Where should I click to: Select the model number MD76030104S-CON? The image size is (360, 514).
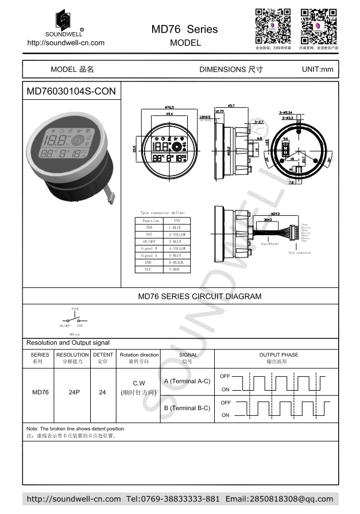[71, 91]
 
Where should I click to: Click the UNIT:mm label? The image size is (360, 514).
[317, 69]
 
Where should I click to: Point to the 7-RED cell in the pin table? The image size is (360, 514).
[174, 268]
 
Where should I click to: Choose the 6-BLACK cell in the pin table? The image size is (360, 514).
[174, 262]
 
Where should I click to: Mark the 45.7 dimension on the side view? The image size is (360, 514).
[231, 106]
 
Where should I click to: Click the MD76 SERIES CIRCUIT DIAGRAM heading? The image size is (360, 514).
[199, 297]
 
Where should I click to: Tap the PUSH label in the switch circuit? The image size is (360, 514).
[75, 309]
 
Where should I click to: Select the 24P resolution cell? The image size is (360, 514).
[72, 392]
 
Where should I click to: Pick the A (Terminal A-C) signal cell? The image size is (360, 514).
[187, 381]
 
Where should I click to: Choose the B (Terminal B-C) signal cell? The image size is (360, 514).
[187, 408]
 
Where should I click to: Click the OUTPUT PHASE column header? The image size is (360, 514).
[278, 355]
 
